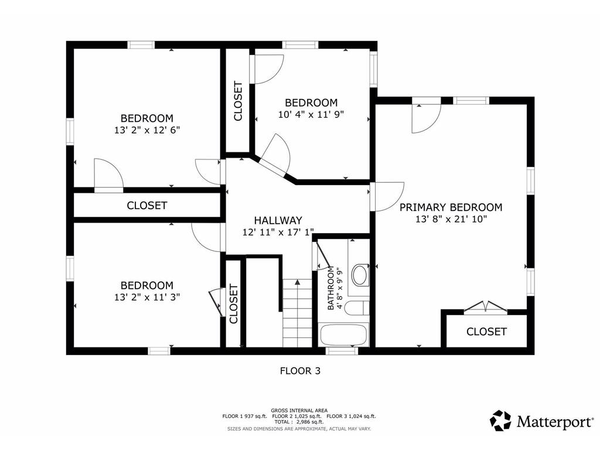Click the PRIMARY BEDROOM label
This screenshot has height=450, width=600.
tap(451, 207)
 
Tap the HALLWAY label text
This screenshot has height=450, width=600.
tap(278, 220)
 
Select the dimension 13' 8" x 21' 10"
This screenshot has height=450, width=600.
tap(451, 219)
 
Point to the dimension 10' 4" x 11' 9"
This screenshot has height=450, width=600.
tap(311, 114)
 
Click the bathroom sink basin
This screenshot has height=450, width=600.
tap(359, 275)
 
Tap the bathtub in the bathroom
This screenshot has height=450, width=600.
tap(344, 335)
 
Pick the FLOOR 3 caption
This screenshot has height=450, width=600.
tap(300, 371)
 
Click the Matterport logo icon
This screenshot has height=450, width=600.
tap(500, 421)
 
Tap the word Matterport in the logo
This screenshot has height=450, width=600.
tap(554, 422)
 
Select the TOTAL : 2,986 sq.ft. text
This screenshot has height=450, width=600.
tap(299, 422)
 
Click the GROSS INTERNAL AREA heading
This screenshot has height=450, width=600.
tap(299, 411)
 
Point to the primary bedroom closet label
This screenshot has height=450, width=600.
tap(486, 332)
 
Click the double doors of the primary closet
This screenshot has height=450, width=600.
tap(486, 307)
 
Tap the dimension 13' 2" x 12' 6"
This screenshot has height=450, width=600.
tap(147, 130)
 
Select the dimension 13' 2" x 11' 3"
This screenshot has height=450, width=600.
tap(147, 297)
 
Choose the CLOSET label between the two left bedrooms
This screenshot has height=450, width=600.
tap(147, 206)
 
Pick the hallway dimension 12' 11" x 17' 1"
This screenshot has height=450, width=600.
tap(278, 232)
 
